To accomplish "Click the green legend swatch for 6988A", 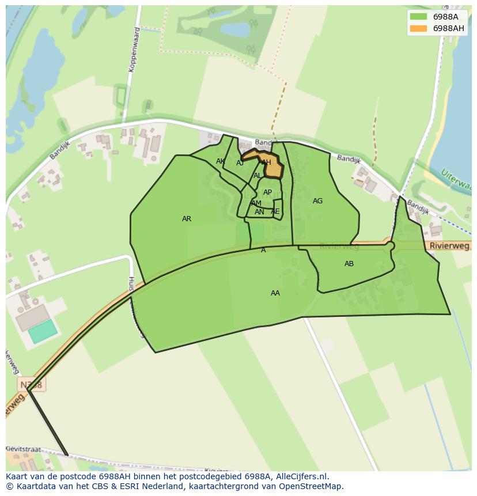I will pos(418,17).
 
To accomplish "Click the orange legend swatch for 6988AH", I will pos(418,28).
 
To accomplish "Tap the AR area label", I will pos(187,219).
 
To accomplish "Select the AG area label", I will pos(317,201).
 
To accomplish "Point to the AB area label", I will pos(349,264).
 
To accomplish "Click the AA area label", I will pos(275,293).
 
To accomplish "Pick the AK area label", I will pos(221,161).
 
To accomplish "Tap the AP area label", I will pos(267,192).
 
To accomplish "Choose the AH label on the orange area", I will pos(266,163).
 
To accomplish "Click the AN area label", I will pos(259,212).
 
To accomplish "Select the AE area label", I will pos(275,211).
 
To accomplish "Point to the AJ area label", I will pos(240,163).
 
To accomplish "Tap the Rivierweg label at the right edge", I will pos(450,246).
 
